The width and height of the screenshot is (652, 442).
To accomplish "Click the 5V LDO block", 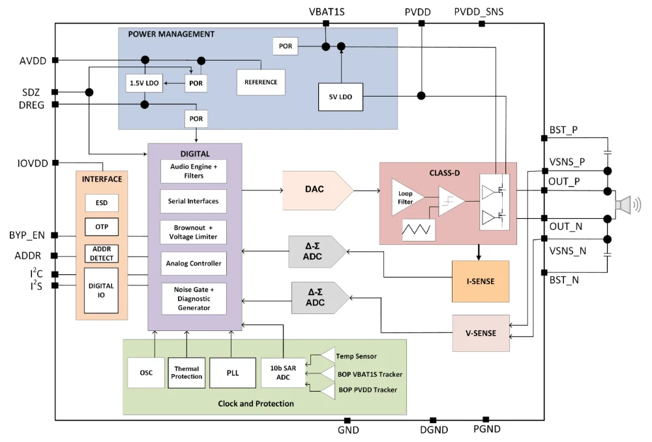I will coord(340,97).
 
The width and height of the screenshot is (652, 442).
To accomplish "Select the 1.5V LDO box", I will coord(143,83).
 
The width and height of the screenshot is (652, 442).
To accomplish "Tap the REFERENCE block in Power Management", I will coord(261,82).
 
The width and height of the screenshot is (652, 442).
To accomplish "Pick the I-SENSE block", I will coord(480,281).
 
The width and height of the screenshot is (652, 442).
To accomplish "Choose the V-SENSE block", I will coord(481,333).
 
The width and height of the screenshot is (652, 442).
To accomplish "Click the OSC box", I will coord(146,373).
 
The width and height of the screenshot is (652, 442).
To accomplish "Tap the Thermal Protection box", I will coord(187,373).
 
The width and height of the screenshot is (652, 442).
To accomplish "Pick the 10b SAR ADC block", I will coord(283,373).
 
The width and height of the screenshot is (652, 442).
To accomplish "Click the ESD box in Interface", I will coord(102,203).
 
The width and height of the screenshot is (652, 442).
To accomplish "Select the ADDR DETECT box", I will coord(102,254).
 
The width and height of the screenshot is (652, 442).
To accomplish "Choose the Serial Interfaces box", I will coord(194,201).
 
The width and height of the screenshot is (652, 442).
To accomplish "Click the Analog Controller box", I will coord(194,264).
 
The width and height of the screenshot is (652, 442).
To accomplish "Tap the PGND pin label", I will coord(486,429).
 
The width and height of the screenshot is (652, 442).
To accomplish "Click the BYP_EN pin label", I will coord(27,235).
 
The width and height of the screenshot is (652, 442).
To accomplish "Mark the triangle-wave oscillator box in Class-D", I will coord(419,230).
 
